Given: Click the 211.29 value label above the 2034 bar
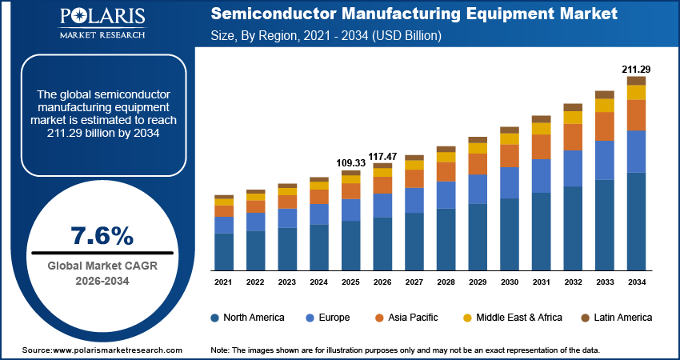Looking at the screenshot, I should coord(636,69).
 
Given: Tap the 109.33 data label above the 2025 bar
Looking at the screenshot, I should coord(351,162).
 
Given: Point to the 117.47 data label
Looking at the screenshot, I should coord(383,155).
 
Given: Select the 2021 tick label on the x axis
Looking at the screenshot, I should coord(223,282).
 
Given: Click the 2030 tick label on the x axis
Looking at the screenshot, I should coord(510,282).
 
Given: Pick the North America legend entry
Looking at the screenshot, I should coord(247,318).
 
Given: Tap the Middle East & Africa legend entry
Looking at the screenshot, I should coord(517,318).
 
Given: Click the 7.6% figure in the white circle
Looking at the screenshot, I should coord(102,236).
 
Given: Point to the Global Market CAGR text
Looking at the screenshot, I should coord(102,266).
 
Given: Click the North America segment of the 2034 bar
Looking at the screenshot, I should coord(636,221).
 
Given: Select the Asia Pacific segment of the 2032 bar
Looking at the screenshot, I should coord(573,137).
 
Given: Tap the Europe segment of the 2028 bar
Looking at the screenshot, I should coord(446,194).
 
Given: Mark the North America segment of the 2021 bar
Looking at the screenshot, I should coord(223,251).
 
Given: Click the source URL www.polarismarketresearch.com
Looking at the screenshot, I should coord(114,350).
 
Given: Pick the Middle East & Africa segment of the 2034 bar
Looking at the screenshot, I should coord(636,92).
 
